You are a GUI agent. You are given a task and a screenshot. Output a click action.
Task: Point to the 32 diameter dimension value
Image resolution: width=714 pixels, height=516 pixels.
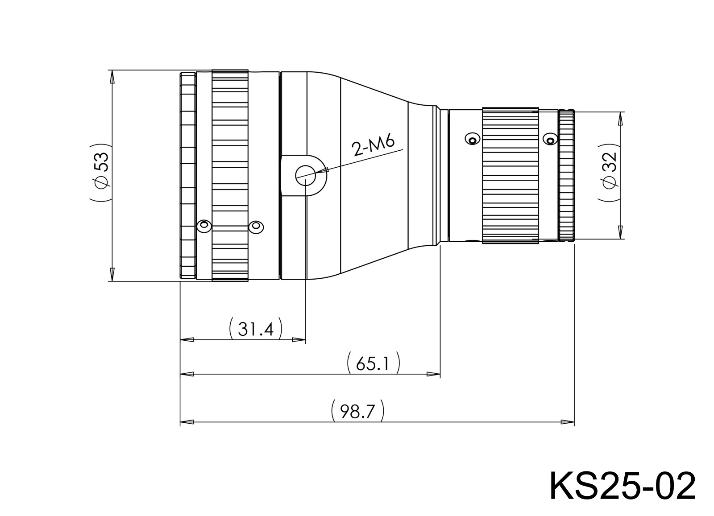pos(610,162)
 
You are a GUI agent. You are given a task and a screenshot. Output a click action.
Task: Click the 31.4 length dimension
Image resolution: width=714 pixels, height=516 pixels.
pos(255,329)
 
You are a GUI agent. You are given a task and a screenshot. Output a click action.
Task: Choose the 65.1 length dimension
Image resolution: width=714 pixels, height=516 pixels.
pos(373,363)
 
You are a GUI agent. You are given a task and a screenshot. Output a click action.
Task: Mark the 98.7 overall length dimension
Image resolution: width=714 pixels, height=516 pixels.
pos(357,411)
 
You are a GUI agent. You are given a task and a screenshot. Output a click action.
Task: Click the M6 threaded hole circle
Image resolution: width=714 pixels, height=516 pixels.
pos(306,175)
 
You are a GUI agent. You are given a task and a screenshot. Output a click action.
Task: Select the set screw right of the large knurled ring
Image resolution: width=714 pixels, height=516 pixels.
pos(256,227)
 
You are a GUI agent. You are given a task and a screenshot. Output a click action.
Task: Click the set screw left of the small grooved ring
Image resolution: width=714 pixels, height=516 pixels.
pos(472,139)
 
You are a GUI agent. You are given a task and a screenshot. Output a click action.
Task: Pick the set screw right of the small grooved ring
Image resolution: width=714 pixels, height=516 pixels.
pos(550,140)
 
